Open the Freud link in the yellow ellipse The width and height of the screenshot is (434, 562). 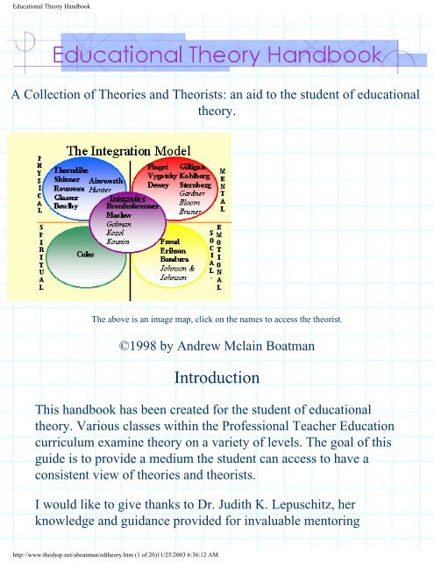[173, 241]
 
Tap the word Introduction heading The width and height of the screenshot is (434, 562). [217, 378]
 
